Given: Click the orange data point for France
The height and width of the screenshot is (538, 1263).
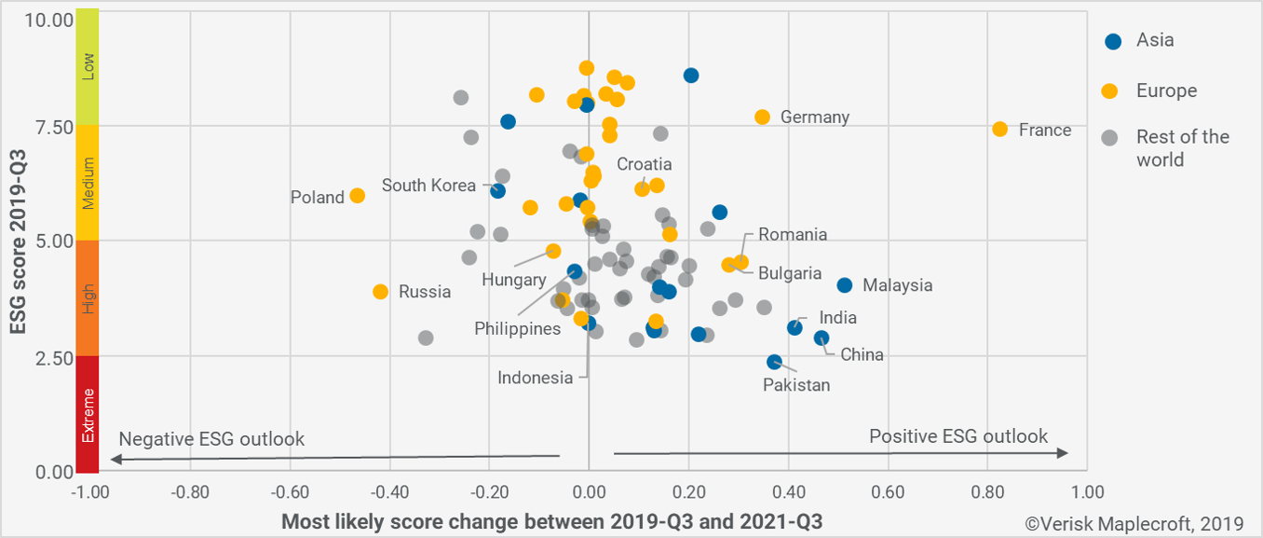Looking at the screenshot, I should click(x=999, y=129).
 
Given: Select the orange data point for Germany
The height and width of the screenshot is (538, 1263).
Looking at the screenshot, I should click(x=762, y=117).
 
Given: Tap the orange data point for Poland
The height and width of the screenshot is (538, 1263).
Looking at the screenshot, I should click(x=357, y=196).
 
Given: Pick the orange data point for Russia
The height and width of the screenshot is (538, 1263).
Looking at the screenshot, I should click(x=380, y=292).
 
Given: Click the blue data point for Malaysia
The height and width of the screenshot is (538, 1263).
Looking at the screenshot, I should click(x=844, y=285).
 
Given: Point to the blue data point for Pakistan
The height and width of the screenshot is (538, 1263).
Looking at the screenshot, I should click(x=774, y=362).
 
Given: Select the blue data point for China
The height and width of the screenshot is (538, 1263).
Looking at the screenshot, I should click(x=822, y=338).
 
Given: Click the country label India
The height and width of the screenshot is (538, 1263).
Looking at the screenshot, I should click(x=837, y=318).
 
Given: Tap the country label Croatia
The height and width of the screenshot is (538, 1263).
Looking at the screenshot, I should click(x=644, y=165).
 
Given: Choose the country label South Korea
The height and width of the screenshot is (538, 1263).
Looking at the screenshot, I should click(x=428, y=186).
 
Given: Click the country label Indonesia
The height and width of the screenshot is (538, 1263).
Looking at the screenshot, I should click(x=535, y=378).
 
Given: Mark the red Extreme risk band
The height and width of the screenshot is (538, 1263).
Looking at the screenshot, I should click(x=88, y=414).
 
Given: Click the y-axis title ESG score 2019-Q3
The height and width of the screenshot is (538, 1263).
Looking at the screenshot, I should click(x=16, y=241).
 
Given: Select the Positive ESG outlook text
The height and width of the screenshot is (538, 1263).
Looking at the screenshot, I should click(x=957, y=436).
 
